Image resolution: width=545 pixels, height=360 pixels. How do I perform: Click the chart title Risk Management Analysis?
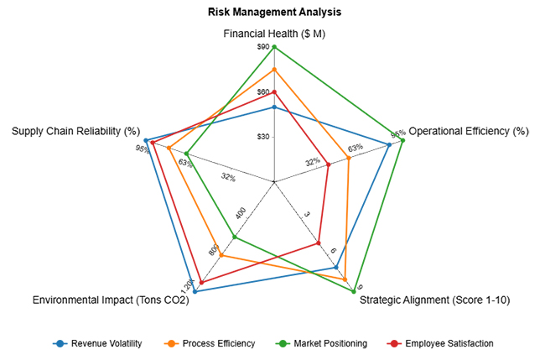tap(274, 13)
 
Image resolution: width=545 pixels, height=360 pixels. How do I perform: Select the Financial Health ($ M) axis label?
tap(274, 34)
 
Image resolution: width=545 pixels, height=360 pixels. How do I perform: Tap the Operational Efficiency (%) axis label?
tap(469, 131)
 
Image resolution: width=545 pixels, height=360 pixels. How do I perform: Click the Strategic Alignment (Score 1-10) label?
tap(434, 300)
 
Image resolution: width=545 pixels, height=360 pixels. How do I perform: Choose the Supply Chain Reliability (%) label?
tap(75, 131)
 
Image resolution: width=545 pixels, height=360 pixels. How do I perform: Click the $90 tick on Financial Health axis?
tap(263, 48)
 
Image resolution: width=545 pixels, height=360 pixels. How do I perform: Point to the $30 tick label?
tap(263, 137)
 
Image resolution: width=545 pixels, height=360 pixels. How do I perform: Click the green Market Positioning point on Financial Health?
tap(274, 47)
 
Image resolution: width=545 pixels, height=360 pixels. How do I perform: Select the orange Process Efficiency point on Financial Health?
tap(274, 69)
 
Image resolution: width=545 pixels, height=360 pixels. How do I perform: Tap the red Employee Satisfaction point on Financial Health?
tap(274, 91)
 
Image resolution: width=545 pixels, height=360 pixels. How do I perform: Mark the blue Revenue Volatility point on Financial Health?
tap(274, 107)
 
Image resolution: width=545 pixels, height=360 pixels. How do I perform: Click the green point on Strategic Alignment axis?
tap(354, 291)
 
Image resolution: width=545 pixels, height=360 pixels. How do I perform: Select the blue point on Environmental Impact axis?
tap(195, 291)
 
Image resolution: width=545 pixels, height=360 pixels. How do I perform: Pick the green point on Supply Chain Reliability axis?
tap(187, 154)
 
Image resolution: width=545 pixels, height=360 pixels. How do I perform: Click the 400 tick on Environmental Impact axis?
tap(241, 214)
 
